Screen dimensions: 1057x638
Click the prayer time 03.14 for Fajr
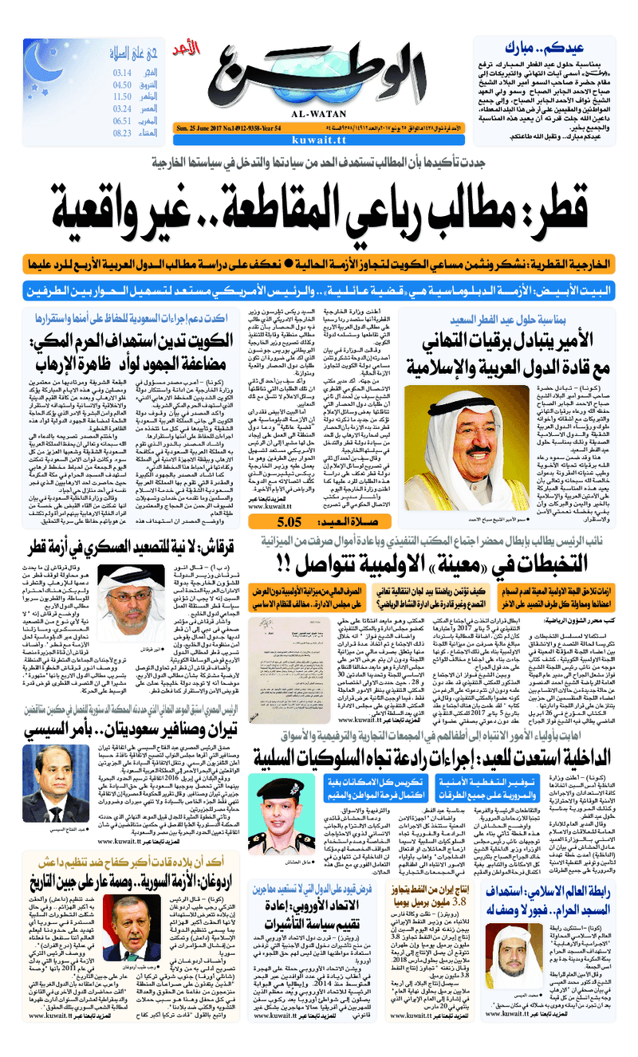pyautogui.click(x=122, y=73)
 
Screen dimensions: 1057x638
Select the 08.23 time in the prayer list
pyautogui.click(x=122, y=133)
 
